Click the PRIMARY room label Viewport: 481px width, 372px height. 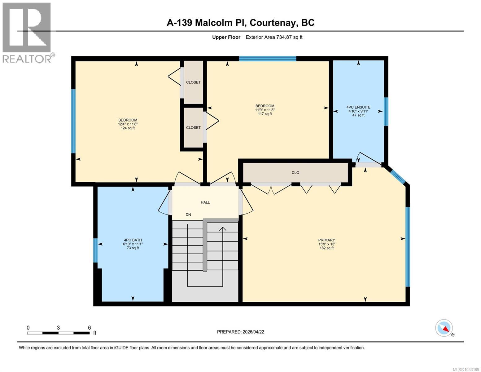[326, 240]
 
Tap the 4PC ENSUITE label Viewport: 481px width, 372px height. [358, 107]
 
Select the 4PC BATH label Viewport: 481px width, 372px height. [133, 240]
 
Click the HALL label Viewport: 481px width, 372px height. [205, 202]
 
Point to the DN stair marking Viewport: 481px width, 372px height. [188, 215]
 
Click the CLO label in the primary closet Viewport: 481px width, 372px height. [295, 173]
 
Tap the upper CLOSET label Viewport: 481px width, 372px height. [193, 82]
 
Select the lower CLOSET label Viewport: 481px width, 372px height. [193, 128]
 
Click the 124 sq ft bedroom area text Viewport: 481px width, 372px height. [128, 128]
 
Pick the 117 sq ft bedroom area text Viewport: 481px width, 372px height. [265, 114]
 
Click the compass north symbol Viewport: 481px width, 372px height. [444, 328]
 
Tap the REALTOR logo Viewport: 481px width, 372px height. [27, 33]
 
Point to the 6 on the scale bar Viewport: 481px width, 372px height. [89, 328]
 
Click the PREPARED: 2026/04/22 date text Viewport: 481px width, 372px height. [240, 332]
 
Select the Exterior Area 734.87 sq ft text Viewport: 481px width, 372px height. [274, 37]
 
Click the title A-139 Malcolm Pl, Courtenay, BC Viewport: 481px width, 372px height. [240, 23]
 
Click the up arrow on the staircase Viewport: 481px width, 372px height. [222, 229]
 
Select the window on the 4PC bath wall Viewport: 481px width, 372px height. [95, 250]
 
